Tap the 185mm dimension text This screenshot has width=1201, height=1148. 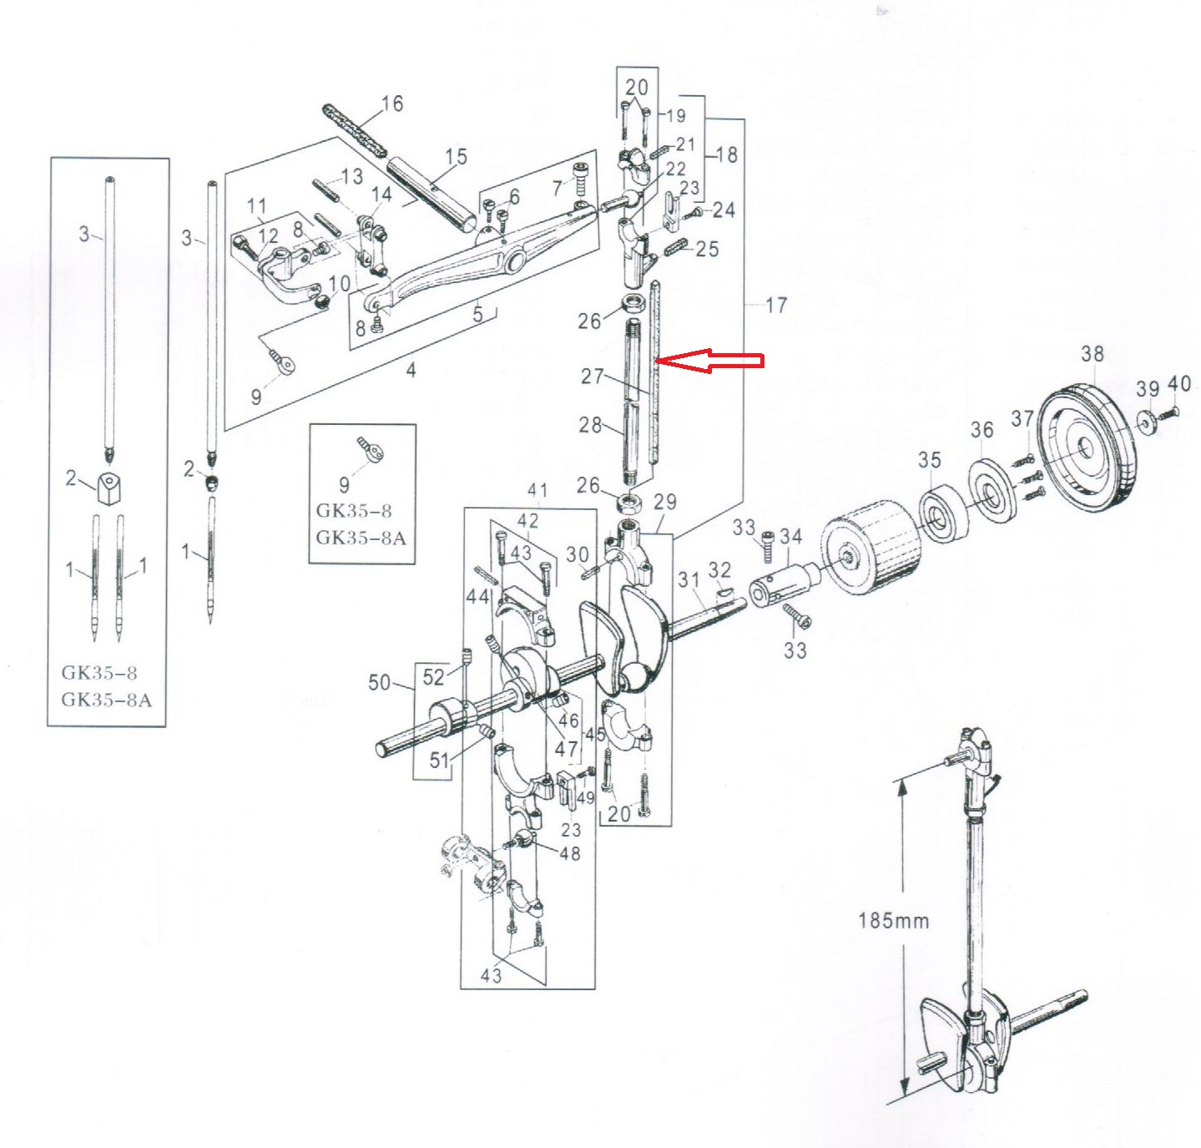coord(893,921)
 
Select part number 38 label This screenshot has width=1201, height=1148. coord(1092,354)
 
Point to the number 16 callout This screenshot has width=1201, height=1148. coord(391,104)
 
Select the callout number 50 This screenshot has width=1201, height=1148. coord(379,683)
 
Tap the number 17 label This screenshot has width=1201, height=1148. coord(775,306)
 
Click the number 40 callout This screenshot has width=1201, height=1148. coord(1178,384)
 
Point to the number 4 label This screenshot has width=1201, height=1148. coord(411,370)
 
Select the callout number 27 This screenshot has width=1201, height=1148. coord(592,377)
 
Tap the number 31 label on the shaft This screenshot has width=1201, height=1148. coord(688,579)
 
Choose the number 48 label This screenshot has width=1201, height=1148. coord(570,853)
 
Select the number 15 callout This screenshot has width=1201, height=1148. coord(456,157)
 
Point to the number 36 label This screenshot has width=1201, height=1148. coord(981,430)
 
